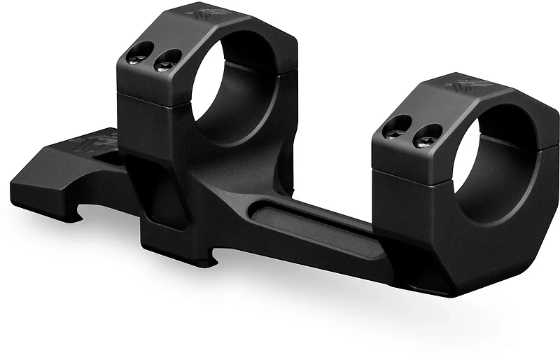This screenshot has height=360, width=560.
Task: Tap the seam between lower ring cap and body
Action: pyautogui.click(x=413, y=175)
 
